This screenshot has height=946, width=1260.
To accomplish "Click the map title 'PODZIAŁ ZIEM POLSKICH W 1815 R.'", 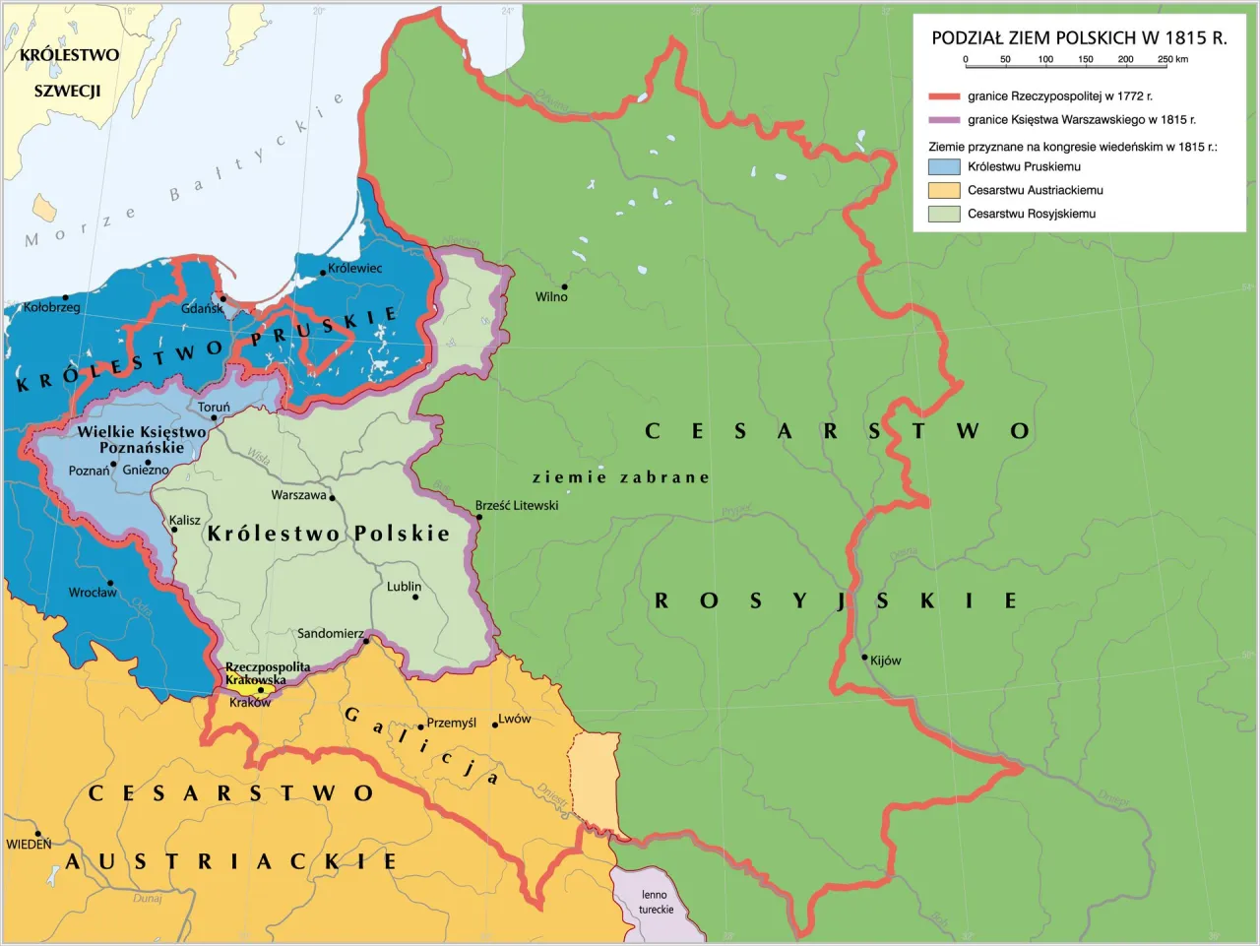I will tap(1079, 38).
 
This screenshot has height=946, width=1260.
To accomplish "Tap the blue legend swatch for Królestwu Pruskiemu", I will tap(944, 167).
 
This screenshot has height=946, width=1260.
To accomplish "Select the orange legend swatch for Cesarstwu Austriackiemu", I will tap(944, 190).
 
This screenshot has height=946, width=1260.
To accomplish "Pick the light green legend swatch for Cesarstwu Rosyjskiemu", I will tap(944, 214).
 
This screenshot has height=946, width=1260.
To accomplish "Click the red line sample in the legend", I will tap(943, 96).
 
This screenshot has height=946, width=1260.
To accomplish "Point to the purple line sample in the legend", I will tap(943, 120).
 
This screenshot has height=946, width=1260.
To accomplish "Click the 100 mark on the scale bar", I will tap(1045, 61).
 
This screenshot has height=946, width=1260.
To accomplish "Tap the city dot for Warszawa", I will tap(333, 498).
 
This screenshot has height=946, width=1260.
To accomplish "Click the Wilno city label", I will tap(551, 297).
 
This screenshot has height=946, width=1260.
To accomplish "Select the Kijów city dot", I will tap(864, 658).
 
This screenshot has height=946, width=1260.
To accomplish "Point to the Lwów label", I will tap(515, 719).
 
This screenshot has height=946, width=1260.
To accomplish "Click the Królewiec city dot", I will tap(323, 273).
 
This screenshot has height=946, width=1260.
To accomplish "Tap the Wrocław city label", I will tap(93, 593).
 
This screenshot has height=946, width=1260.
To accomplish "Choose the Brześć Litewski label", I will tap(517, 505).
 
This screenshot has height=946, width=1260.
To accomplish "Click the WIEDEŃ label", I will tap(29, 845).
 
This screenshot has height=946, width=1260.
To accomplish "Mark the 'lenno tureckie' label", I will tap(656, 902).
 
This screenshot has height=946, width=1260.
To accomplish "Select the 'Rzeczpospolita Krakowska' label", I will tap(267, 673).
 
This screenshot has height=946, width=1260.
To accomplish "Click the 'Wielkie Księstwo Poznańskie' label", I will tap(142, 439).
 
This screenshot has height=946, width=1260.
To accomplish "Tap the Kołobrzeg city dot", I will tap(65, 296).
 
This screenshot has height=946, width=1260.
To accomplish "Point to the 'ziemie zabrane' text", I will tap(620, 477).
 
